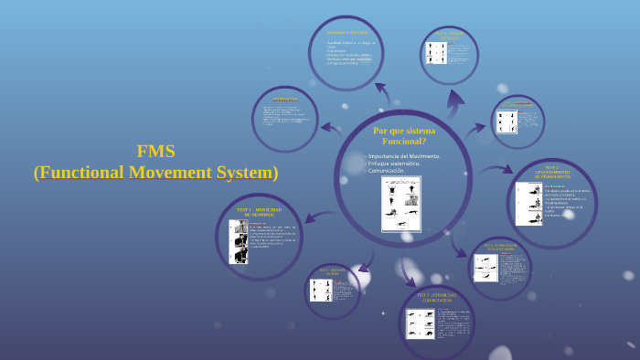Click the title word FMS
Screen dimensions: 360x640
point(155,152)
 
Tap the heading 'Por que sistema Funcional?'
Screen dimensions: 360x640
point(404,136)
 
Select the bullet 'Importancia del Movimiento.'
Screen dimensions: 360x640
point(404,156)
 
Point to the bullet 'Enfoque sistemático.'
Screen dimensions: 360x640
point(394,164)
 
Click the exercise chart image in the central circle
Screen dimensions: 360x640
point(400,203)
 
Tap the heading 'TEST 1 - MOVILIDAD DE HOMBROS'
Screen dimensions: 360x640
point(259,212)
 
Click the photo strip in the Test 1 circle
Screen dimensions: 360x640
point(240,241)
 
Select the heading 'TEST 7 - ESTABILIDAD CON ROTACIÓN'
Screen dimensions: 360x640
point(437,297)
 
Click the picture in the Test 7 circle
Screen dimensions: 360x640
point(421,324)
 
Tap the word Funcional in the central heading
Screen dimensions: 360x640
point(404,142)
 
